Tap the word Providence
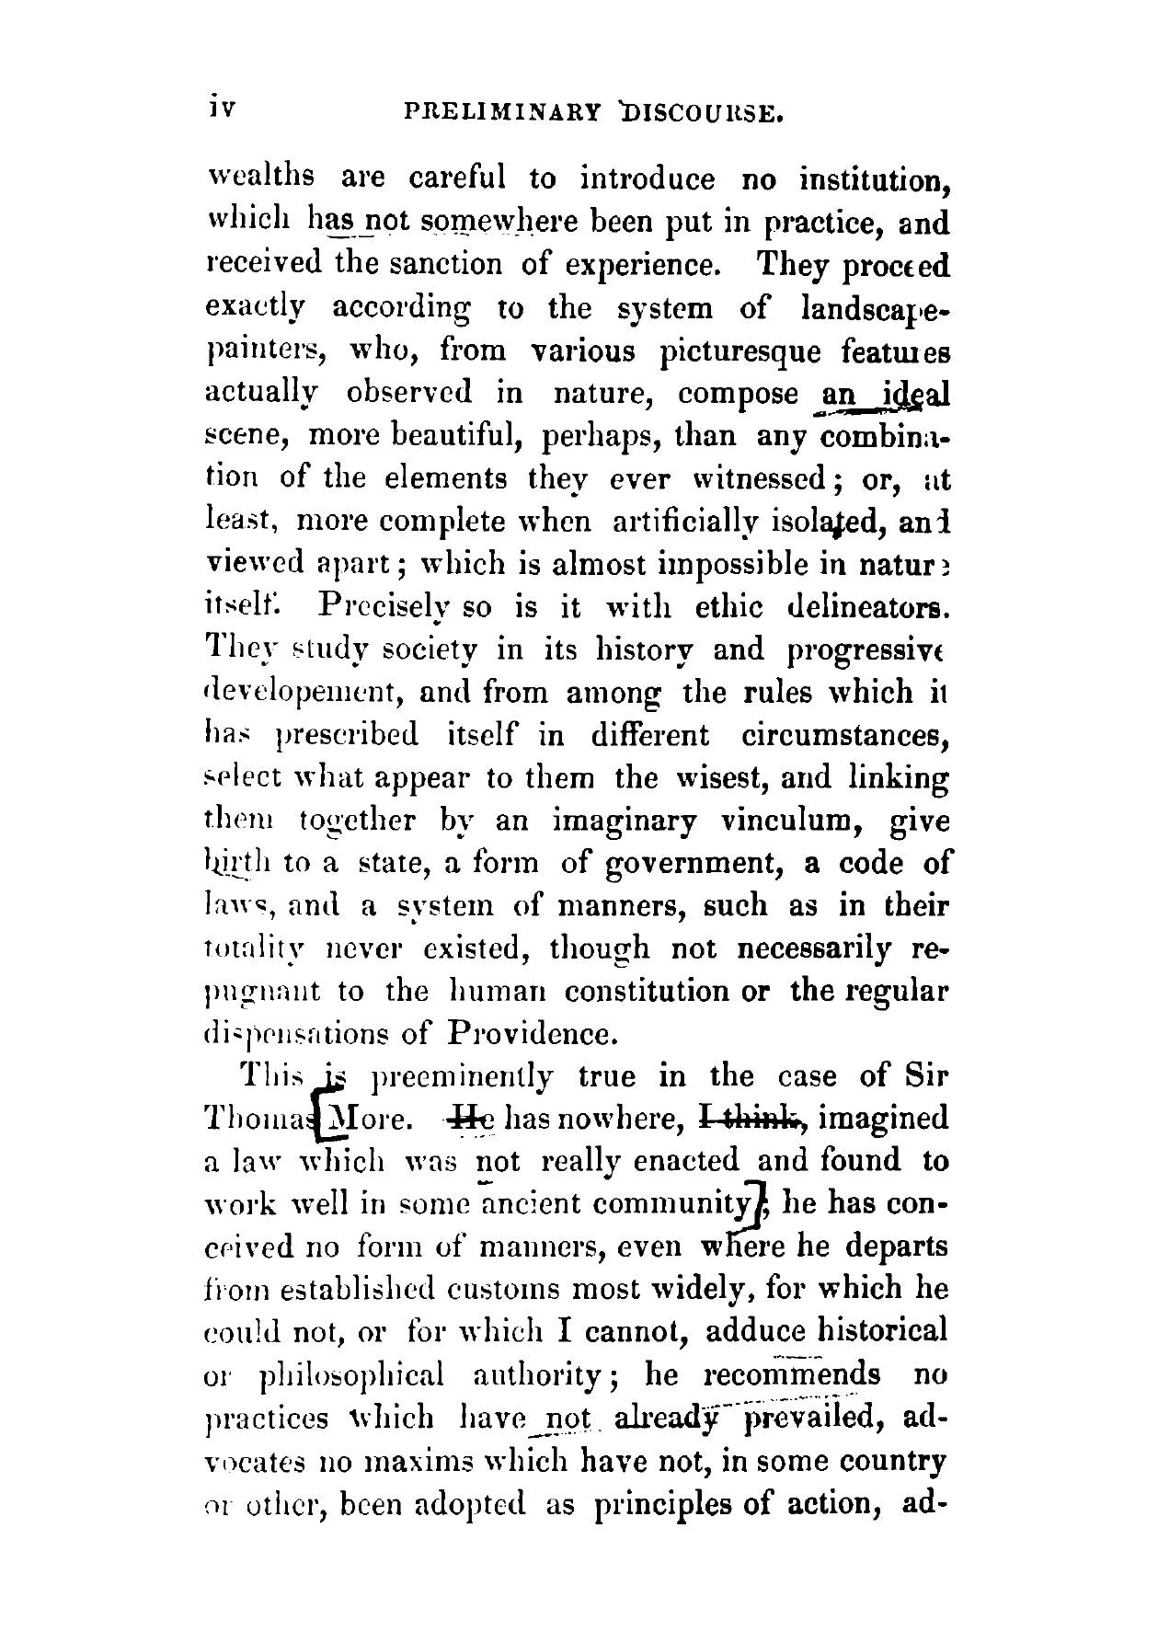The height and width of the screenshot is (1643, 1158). click(533, 1034)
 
